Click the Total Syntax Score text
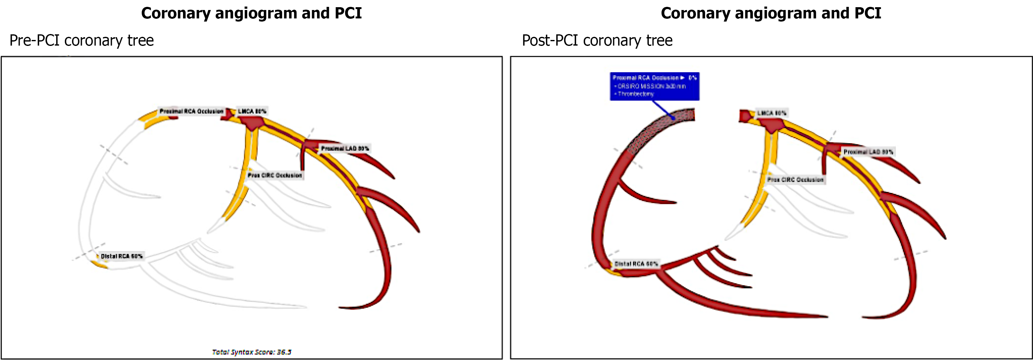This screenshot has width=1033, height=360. [x=251, y=352]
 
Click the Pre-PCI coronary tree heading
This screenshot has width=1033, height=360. [x=82, y=41]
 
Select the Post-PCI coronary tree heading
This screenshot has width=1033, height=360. [x=597, y=41]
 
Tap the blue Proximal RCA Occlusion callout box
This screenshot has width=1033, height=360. [x=654, y=86]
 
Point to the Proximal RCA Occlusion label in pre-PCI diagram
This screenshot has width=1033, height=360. [x=191, y=111]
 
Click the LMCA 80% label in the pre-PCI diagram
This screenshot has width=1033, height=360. [x=252, y=111]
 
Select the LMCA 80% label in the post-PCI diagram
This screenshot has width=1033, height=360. [x=772, y=113]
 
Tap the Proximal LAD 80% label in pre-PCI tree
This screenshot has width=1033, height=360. [x=345, y=148]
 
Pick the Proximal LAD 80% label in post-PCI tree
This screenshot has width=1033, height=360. [x=868, y=152]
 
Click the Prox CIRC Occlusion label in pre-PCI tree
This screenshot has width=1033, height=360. [x=275, y=175]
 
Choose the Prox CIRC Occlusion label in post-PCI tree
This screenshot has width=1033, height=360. [x=795, y=180]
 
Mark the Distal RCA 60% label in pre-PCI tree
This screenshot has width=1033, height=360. [x=122, y=256]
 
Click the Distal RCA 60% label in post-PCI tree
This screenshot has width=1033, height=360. [x=636, y=264]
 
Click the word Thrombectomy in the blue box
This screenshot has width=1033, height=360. [x=636, y=94]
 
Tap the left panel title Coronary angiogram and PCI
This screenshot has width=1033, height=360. [x=251, y=13]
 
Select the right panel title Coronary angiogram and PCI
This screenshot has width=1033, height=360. [x=771, y=13]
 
